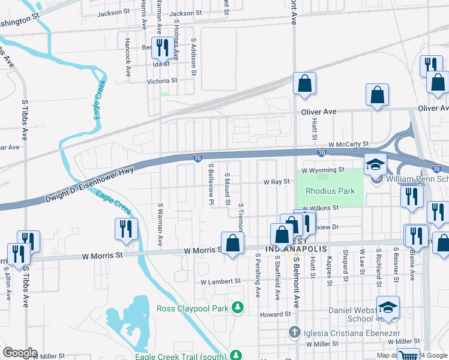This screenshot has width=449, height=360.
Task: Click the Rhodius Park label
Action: coord(330,191)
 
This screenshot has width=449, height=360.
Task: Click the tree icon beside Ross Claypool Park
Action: coord(238,308)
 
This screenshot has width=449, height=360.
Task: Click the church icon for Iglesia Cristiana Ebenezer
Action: coord(294,331)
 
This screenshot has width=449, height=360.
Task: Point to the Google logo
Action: coord(20,353)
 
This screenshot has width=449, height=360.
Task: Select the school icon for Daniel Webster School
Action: coord(388,308)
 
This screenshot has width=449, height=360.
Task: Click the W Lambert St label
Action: coord(220,281)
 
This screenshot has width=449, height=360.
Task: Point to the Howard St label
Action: coord(276,314)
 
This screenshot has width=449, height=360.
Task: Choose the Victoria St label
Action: coord(162,80)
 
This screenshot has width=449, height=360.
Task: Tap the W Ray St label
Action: coord(277,181)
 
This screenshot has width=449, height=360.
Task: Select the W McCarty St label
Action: coord(348,144)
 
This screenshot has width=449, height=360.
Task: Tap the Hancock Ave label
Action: coord(128,58)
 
